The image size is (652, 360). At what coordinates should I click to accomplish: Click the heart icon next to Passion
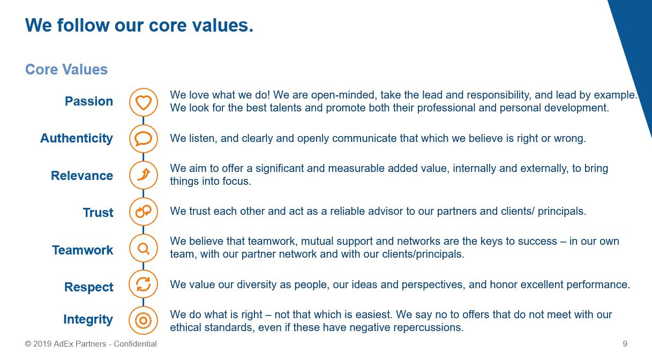(144, 102)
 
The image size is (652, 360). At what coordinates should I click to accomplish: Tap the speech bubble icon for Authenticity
(144, 139)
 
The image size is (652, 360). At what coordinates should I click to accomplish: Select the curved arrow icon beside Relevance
(144, 175)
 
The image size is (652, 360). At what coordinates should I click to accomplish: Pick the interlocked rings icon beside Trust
(144, 212)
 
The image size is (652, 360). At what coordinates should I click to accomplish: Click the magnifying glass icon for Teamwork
(144, 248)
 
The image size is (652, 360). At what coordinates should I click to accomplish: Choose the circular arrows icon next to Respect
(144, 284)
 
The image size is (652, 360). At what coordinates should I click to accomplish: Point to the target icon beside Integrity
(144, 320)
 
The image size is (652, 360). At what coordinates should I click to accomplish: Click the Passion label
(89, 101)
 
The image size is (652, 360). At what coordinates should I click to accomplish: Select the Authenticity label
(77, 139)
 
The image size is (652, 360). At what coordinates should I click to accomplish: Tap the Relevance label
(82, 176)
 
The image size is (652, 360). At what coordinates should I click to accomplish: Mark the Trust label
(98, 213)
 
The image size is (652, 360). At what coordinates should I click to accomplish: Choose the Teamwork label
(83, 250)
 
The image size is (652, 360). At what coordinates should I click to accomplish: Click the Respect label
(89, 287)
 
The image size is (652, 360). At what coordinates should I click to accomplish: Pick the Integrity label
(88, 319)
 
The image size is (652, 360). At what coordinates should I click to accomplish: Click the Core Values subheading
(66, 70)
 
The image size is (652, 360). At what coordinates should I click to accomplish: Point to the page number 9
(625, 344)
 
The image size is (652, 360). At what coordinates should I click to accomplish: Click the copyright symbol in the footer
(28, 344)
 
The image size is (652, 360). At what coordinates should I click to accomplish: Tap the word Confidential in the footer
(135, 344)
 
